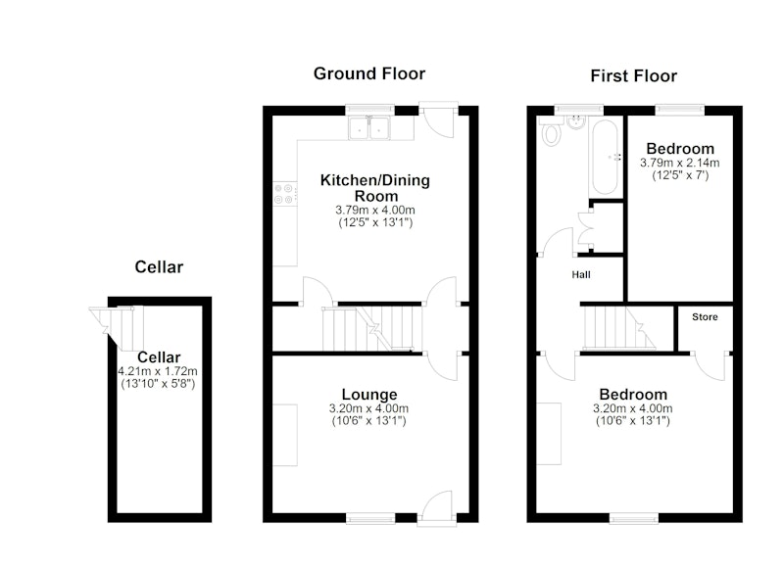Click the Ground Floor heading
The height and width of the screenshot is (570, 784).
369,73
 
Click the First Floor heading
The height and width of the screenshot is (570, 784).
633,76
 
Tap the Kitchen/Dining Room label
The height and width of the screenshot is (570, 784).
375,188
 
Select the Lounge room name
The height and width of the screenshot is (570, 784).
369,395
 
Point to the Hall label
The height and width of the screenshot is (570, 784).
581,275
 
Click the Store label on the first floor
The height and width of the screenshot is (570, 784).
705,316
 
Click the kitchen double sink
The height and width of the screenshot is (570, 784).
369,128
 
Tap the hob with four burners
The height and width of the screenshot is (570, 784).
283,194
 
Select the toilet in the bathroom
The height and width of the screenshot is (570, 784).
551,131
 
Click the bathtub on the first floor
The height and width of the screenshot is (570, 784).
605,157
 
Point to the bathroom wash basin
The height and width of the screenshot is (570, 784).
577,122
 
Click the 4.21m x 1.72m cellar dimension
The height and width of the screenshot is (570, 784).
158,371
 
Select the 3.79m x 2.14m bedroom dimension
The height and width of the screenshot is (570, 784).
679,163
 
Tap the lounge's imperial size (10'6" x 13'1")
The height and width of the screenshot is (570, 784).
369,421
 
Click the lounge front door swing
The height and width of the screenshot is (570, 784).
437,507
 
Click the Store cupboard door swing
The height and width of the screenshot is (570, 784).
709,366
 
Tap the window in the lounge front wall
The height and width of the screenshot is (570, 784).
370,518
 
